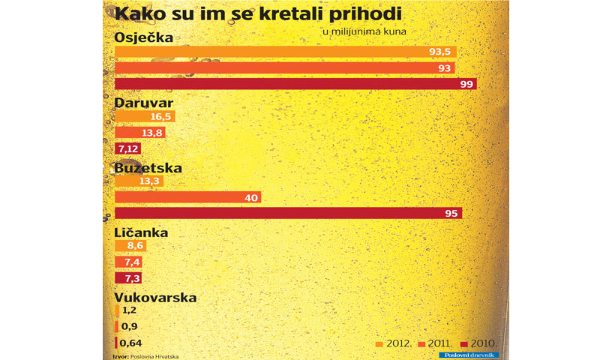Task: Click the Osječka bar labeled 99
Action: point(295,84)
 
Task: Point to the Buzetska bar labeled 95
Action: point(288,213)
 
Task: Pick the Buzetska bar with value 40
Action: point(187,197)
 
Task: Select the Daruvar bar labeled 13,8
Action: point(139,133)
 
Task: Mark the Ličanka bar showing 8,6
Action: point(130,245)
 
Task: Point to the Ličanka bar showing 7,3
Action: point(127,277)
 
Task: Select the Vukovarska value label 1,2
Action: point(128,310)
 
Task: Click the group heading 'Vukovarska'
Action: point(155,297)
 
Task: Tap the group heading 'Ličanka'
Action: point(140,232)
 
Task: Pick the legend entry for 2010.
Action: point(480,343)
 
